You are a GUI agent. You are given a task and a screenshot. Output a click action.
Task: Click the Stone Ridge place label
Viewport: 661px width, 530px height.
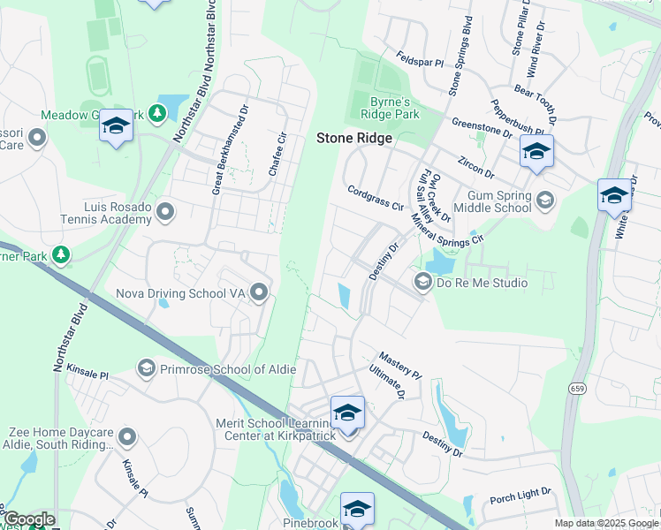tap(354, 139)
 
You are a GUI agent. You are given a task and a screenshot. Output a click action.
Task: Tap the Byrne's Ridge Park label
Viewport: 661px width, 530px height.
tap(390, 105)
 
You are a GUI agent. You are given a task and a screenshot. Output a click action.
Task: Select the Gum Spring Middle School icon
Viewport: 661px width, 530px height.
tap(545, 201)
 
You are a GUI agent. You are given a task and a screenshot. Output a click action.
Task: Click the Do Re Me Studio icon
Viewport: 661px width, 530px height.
tap(422, 283)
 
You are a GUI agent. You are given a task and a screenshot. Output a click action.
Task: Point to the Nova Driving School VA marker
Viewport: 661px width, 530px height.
tap(259, 291)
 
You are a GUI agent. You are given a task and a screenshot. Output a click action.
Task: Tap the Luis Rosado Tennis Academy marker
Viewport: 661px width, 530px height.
tap(165, 211)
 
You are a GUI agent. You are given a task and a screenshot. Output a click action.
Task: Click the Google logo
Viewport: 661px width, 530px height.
tap(28, 519)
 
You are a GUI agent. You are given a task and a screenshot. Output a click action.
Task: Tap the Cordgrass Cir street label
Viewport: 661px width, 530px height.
tap(376, 197)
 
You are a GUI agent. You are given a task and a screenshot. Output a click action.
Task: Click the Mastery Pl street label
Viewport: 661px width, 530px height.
tap(399, 365)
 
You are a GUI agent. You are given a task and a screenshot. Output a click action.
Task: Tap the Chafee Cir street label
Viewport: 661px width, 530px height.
tap(278, 154)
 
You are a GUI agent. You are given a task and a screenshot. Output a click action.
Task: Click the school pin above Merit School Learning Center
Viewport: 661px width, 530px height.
tap(347, 413)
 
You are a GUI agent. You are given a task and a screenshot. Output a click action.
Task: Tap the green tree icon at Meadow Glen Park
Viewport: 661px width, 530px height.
tap(156, 113)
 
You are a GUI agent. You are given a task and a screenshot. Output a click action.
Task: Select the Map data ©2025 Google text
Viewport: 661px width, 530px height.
tap(605, 523)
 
